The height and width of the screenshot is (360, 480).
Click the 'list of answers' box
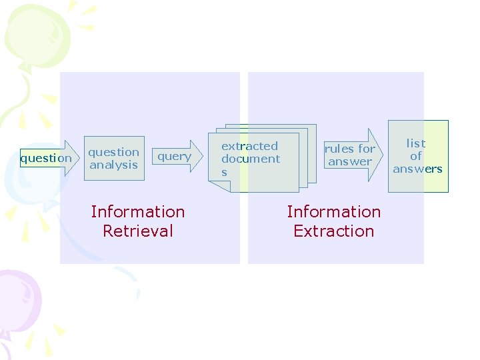[x=418, y=156]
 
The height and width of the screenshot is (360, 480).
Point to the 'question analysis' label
[x=114, y=159]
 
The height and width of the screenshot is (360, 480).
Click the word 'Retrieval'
[x=138, y=231]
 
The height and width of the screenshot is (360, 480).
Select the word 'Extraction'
[x=334, y=231]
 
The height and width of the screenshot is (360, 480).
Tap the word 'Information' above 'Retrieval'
[x=138, y=212]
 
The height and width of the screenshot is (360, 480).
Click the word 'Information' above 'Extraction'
[x=334, y=212]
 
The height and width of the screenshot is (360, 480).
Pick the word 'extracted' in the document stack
[x=249, y=146]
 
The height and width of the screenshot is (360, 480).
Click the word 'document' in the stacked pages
[x=251, y=159]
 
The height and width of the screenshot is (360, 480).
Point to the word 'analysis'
[x=114, y=165]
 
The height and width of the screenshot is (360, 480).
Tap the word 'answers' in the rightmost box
[x=417, y=169]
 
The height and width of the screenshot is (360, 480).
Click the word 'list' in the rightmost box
[x=416, y=143]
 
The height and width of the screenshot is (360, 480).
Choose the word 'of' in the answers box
[x=416, y=156]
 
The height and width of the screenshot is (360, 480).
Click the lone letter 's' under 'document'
[x=224, y=172]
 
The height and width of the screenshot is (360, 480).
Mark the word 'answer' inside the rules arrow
[x=350, y=161]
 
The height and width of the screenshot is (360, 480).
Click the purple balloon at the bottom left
[x=19, y=300]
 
